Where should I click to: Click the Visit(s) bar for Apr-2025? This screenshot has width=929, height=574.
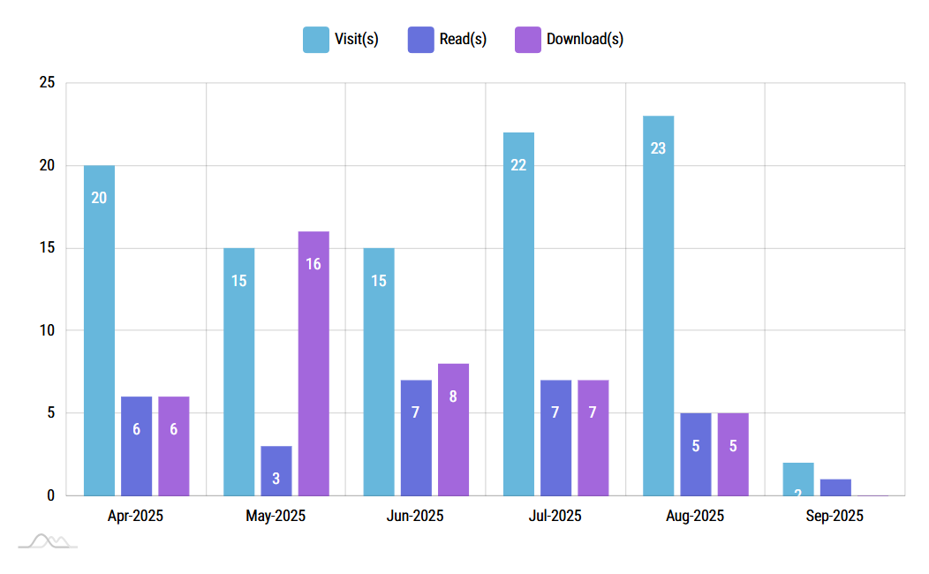99,330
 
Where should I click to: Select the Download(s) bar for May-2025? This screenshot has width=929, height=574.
313,363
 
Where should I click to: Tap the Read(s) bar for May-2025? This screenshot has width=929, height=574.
276,470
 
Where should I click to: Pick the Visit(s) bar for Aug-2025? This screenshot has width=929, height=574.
658,306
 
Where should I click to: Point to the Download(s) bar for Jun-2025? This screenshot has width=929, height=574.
453,429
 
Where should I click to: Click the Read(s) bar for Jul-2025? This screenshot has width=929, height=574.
555,437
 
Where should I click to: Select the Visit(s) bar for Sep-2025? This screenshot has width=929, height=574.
797,479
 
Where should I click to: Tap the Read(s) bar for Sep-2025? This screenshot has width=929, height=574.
835,487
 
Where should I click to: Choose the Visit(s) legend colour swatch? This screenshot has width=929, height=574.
315,40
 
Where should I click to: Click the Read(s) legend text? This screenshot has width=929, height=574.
463,40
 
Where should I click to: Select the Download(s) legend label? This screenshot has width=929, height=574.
585,40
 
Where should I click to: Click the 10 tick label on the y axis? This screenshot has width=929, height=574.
47,330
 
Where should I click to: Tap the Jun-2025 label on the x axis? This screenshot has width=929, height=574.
415,516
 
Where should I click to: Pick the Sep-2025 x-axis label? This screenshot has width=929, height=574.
835,516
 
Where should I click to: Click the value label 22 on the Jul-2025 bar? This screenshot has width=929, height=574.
518,165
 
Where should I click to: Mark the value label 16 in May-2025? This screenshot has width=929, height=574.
313,264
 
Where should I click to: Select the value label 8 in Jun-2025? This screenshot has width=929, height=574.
453,397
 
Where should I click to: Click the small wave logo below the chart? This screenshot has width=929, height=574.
48,540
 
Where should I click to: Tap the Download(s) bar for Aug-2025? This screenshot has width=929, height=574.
733,454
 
